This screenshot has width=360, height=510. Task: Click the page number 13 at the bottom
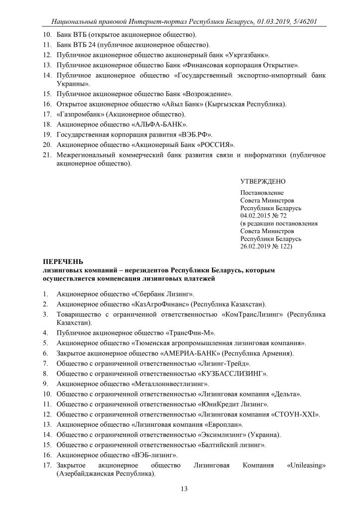[x=184, y=490]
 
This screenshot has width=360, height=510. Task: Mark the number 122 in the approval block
[x=287, y=246]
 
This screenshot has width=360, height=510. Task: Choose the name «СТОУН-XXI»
[x=295, y=414]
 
